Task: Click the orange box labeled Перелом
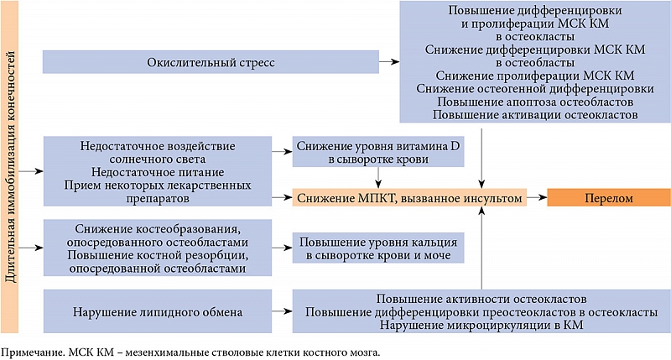(x=609, y=198)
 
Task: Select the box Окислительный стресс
(x=211, y=62)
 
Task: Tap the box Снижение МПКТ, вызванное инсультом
(x=409, y=198)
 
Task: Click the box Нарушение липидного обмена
(x=158, y=311)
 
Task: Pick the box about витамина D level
(x=378, y=152)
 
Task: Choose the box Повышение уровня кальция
(x=378, y=248)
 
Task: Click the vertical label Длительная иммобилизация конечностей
(x=9, y=166)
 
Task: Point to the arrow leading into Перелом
(x=537, y=198)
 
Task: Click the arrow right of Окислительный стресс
(x=389, y=62)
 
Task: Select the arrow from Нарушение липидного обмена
(x=282, y=311)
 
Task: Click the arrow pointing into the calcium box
(x=282, y=248)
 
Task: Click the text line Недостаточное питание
(x=158, y=172)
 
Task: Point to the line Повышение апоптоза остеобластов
(x=535, y=102)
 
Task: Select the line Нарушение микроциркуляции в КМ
(x=481, y=325)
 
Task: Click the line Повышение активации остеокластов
(x=535, y=115)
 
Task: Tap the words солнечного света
(x=158, y=159)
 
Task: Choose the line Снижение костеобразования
(x=158, y=229)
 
